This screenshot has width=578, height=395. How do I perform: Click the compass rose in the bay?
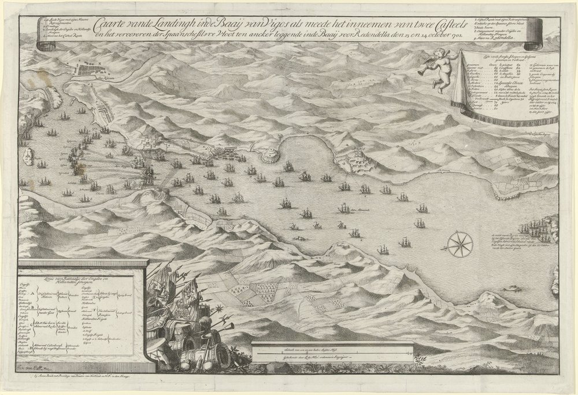[461, 243]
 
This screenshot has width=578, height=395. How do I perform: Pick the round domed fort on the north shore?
[271, 154]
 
